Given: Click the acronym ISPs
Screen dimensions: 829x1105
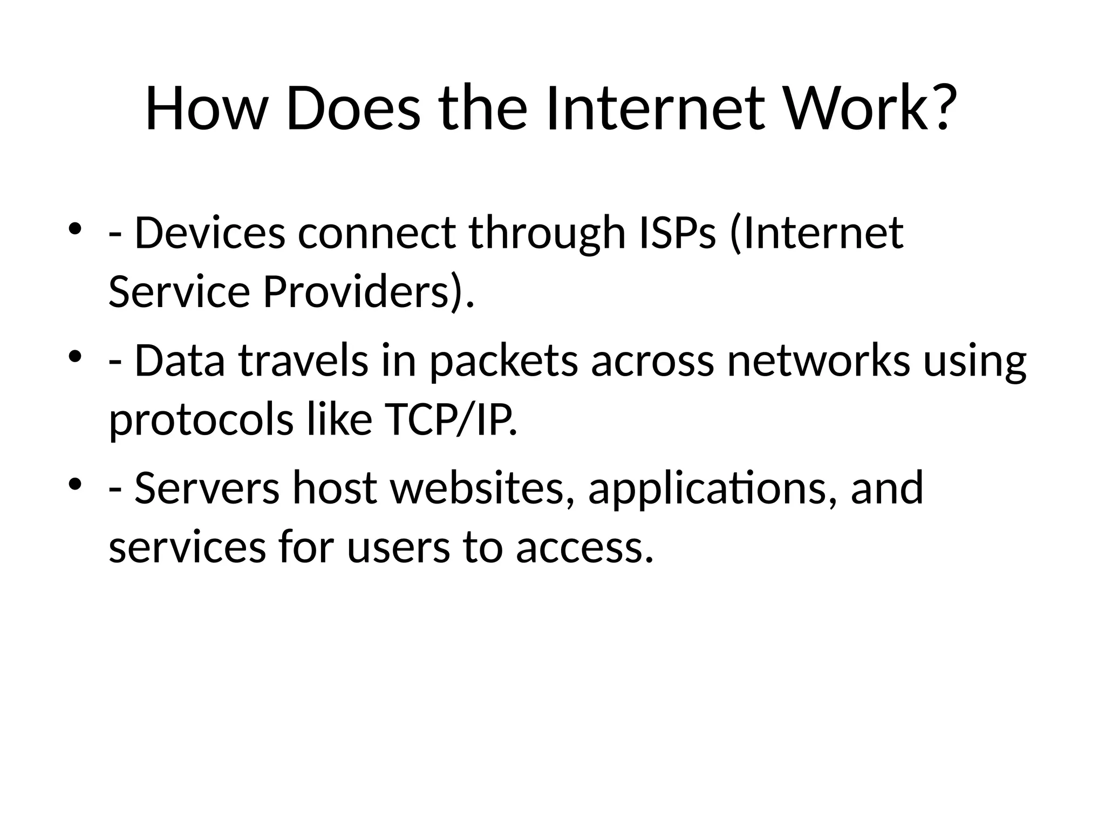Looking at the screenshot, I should coord(677,233).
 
